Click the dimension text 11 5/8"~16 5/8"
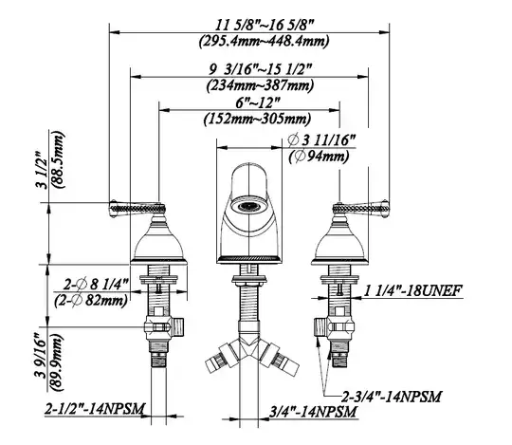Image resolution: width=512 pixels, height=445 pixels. pyautogui.click(x=265, y=25)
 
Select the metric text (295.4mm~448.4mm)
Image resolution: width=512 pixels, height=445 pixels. pyautogui.click(x=264, y=41)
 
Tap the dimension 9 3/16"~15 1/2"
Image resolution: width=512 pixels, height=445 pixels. pyautogui.click(x=260, y=69)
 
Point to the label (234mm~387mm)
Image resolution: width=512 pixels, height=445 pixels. pyautogui.click(x=260, y=85)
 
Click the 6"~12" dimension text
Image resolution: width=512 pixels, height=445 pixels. pyautogui.click(x=258, y=103)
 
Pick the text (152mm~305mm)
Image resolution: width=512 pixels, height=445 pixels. pyautogui.click(x=257, y=119)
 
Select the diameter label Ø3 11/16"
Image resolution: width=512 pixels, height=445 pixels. pyautogui.click(x=321, y=140)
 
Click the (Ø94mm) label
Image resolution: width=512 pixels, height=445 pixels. pyautogui.click(x=319, y=157)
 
